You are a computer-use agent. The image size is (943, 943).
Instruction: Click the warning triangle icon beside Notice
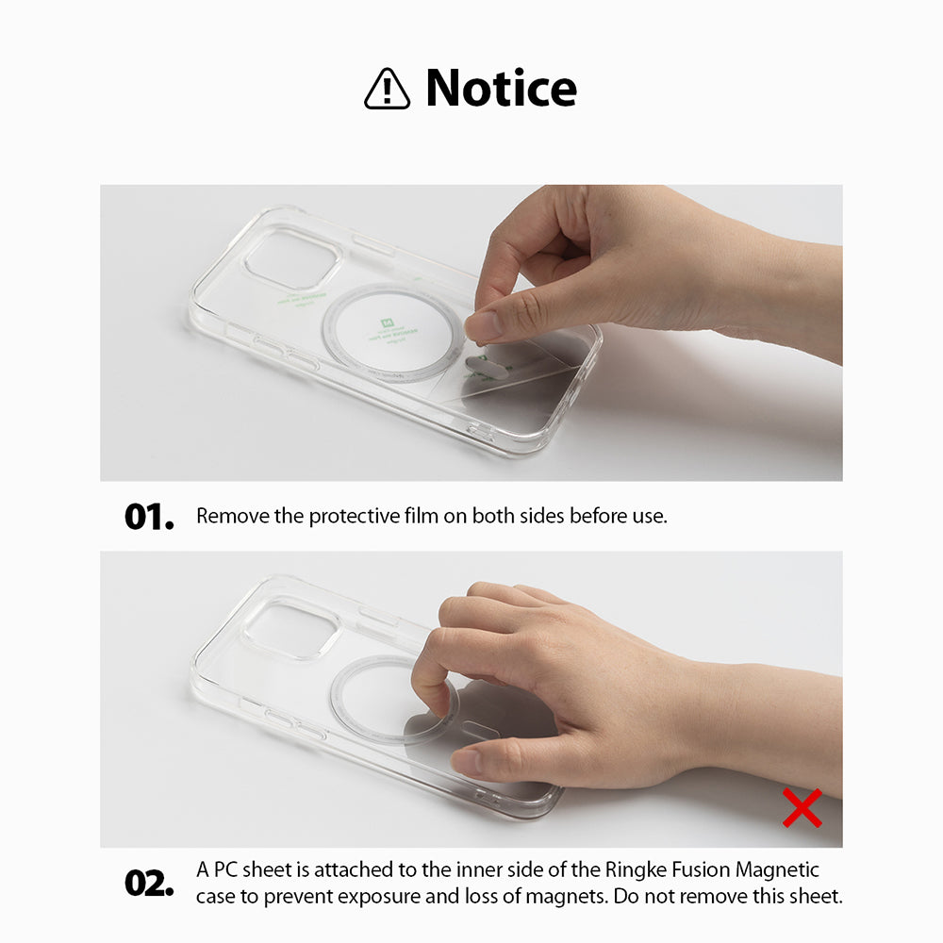coord(387,90)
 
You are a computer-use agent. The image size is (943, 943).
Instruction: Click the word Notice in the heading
coord(501,88)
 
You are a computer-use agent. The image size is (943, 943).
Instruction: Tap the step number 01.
coord(149,517)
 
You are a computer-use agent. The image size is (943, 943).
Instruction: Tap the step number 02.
coord(149,883)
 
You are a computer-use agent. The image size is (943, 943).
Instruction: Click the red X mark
coord(802,808)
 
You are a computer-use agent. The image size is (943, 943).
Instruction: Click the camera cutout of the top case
coord(290,256)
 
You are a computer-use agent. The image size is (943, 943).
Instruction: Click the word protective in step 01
coord(354,516)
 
